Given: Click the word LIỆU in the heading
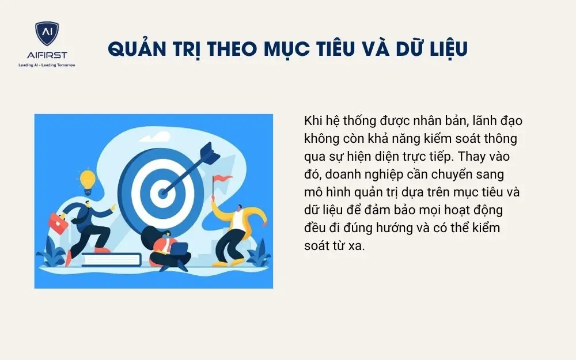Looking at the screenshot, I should (444, 50).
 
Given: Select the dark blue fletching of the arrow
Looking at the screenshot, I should (207, 153).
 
